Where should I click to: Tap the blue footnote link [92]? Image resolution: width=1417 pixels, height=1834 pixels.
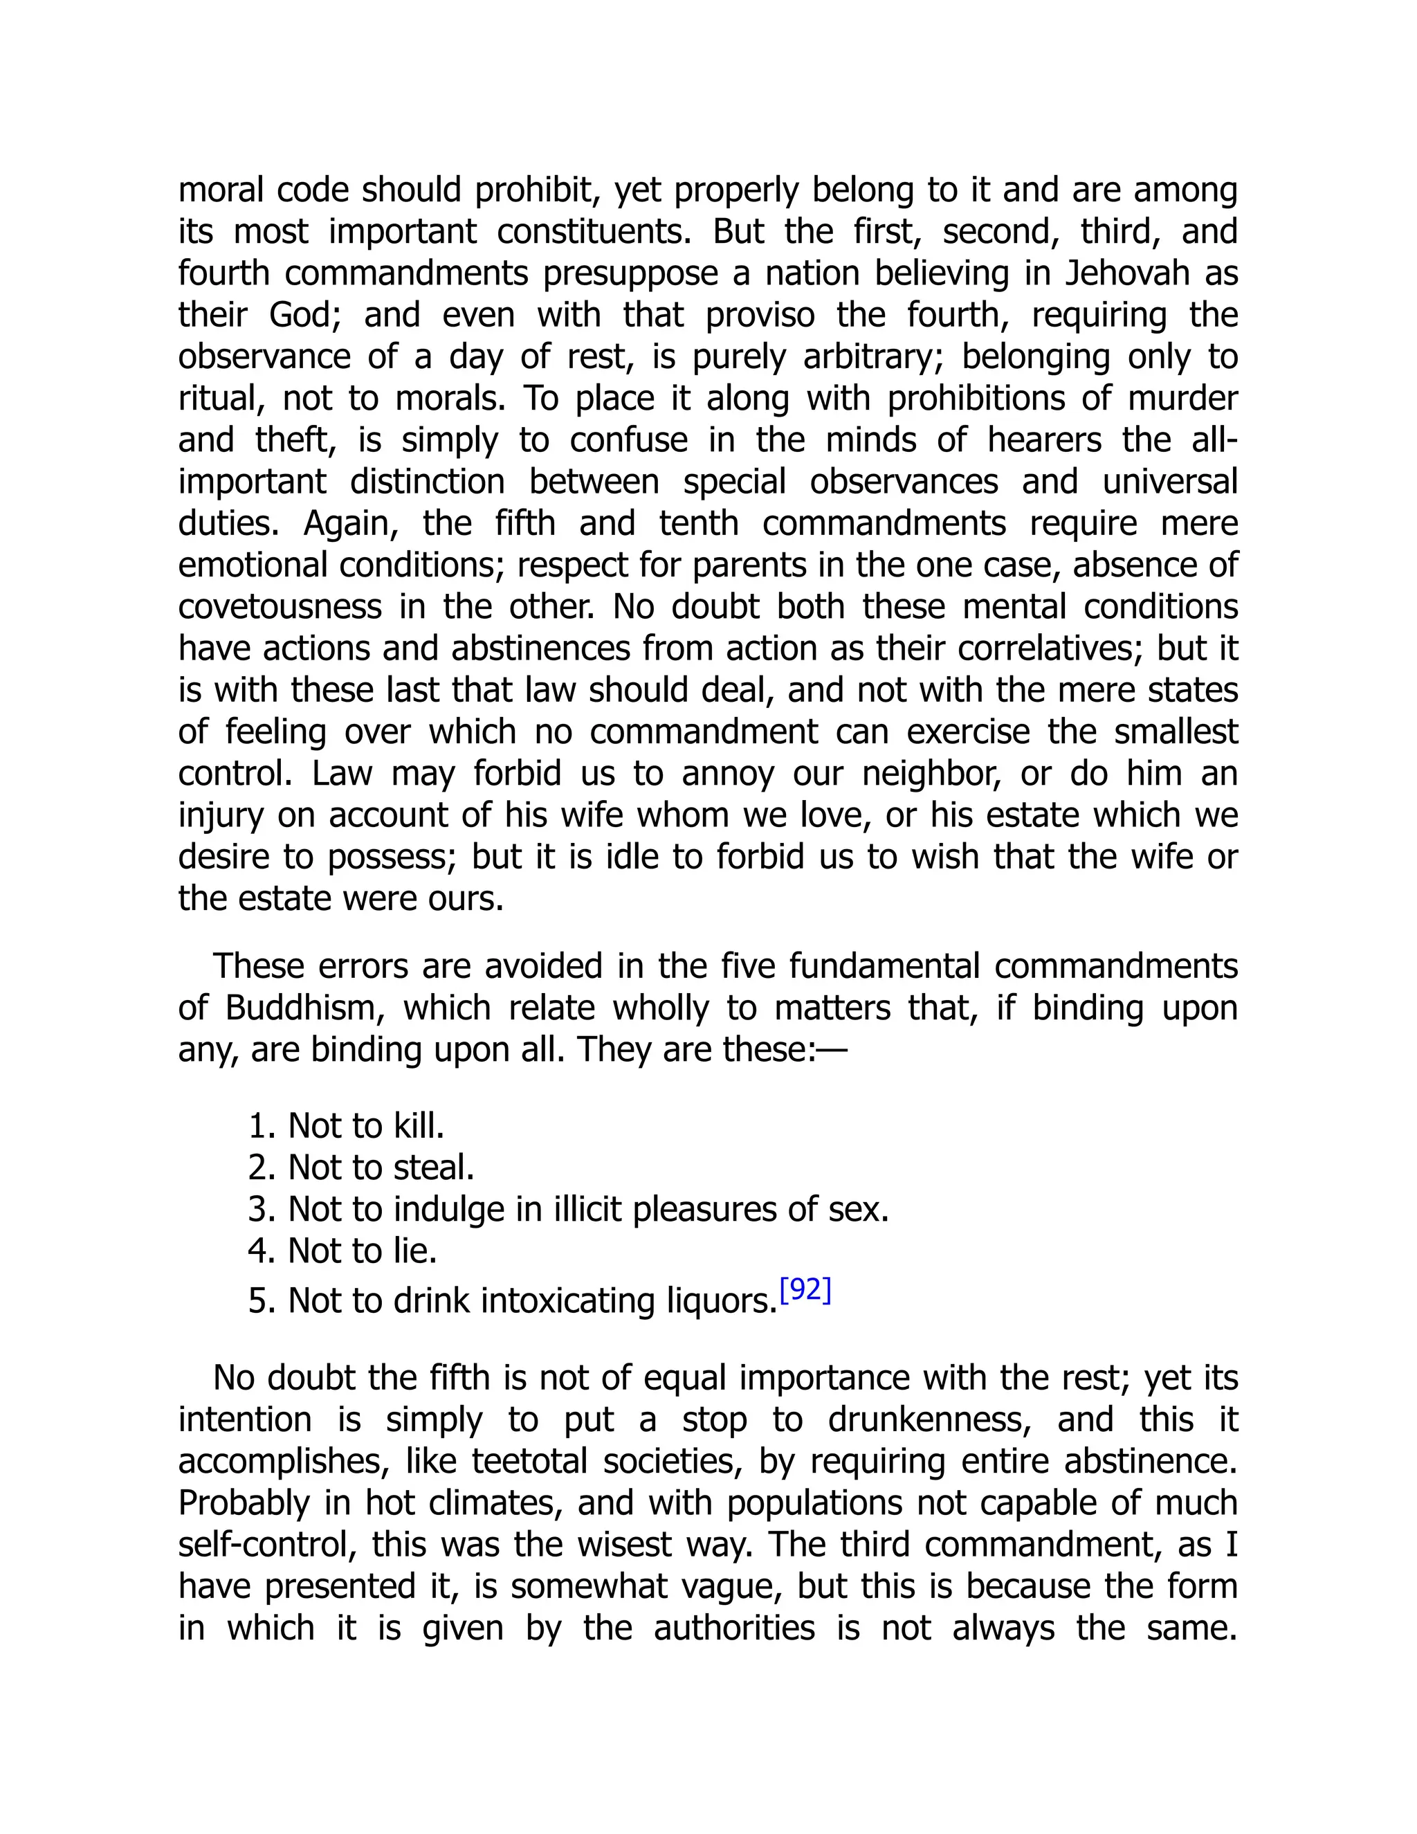click(805, 1289)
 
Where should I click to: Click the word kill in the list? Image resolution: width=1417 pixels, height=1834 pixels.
click(418, 1126)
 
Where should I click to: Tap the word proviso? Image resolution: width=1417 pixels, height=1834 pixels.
click(760, 316)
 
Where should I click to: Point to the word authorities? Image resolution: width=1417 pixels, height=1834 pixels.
click(733, 1628)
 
